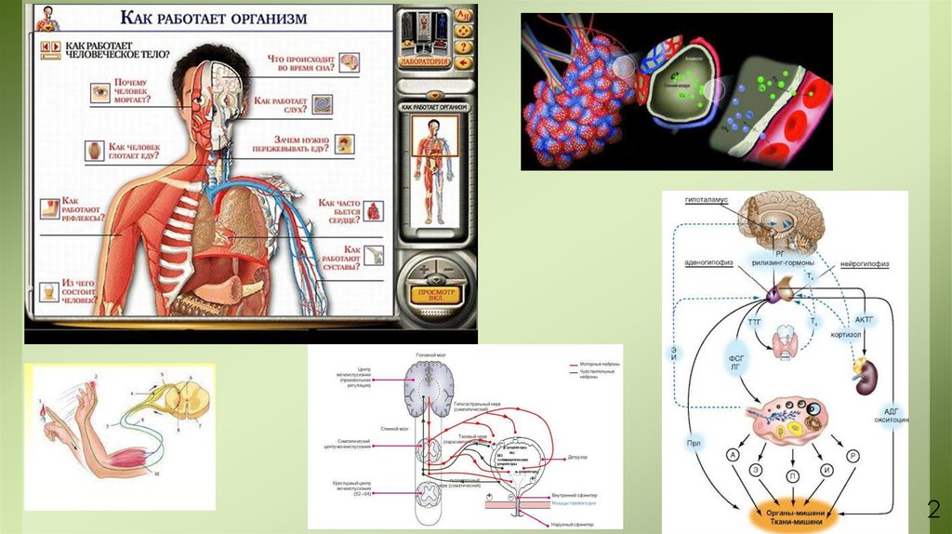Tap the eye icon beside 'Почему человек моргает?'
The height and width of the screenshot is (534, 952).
tap(100, 94)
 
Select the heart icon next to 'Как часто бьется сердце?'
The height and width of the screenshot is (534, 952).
tap(374, 210)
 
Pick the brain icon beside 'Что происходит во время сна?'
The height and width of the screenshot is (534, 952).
tap(350, 63)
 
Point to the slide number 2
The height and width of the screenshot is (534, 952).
tap(932, 509)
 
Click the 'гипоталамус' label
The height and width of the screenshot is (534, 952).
tap(709, 200)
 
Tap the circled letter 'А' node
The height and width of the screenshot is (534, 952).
tap(733, 456)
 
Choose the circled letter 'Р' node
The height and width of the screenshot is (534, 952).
tap(852, 456)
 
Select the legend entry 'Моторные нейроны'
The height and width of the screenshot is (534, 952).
tap(598, 364)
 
